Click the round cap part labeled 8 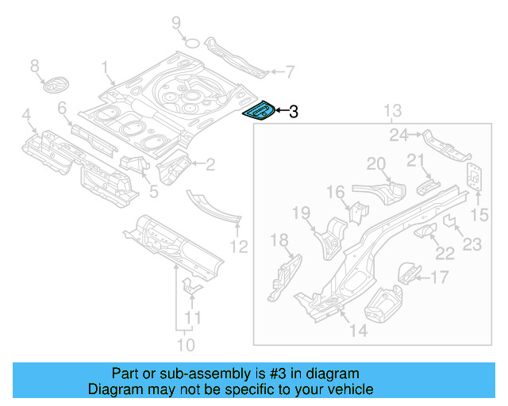[x=55, y=86]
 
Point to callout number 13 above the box [x=393, y=110]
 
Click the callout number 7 [x=289, y=71]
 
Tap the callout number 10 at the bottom [x=185, y=345]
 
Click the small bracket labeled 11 [x=190, y=287]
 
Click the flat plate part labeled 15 [x=475, y=177]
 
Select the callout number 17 [x=439, y=277]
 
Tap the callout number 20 [x=375, y=164]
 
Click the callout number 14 [x=359, y=331]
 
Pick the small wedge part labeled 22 [x=425, y=230]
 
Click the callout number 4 [x=27, y=118]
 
